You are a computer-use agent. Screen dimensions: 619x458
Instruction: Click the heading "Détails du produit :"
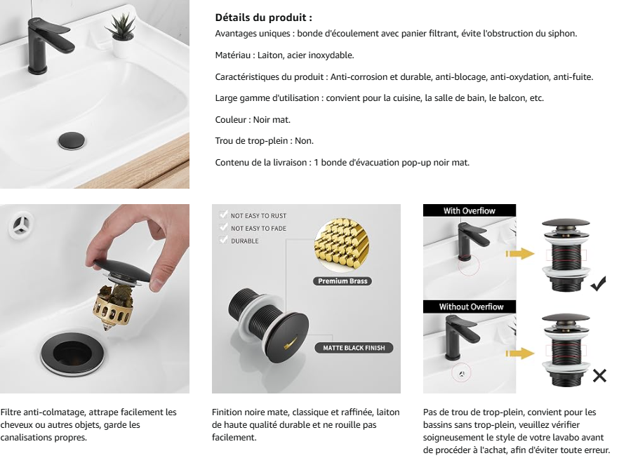[263, 18]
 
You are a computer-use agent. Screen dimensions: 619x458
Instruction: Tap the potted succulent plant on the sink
[121, 34]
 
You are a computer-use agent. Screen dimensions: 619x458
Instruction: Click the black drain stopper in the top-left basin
[72, 141]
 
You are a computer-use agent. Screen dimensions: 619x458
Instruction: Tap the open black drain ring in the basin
[73, 353]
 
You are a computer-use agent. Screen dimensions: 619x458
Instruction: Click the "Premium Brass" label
[342, 281]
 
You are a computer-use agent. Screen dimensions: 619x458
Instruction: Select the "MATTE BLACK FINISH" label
[354, 348]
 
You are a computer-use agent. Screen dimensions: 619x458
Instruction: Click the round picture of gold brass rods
[342, 245]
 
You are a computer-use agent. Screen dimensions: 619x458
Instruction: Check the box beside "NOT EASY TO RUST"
[223, 215]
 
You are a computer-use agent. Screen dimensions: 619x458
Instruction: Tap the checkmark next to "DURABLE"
[223, 240]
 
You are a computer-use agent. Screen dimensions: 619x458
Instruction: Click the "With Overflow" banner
[470, 210]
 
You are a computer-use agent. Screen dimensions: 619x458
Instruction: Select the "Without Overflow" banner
[470, 307]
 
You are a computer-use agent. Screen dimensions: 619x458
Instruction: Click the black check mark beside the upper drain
[599, 283]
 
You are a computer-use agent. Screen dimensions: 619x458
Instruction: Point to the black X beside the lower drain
[599, 376]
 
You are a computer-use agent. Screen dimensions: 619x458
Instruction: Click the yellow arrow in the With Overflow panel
[520, 254]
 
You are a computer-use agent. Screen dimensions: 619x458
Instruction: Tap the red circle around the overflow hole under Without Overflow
[461, 373]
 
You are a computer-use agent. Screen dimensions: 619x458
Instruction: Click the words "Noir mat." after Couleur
[272, 119]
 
